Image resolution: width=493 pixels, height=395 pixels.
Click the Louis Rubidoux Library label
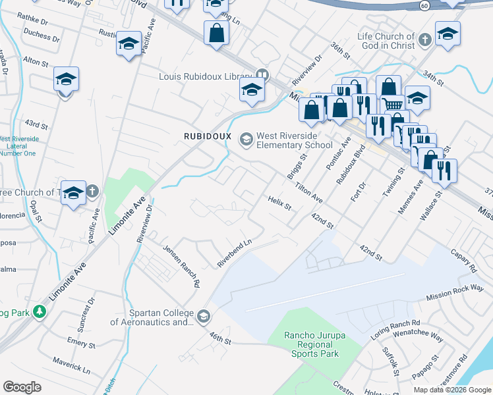206,76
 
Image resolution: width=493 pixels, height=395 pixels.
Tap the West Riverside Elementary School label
295,140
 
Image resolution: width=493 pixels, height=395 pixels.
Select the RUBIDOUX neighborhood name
208,136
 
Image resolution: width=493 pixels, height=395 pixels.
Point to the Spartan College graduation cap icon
204,317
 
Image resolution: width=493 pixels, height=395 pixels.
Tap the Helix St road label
279,203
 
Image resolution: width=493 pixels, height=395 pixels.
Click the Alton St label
36,61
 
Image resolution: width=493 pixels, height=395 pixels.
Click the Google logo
22,386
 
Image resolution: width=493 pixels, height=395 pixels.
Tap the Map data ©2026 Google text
451,390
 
